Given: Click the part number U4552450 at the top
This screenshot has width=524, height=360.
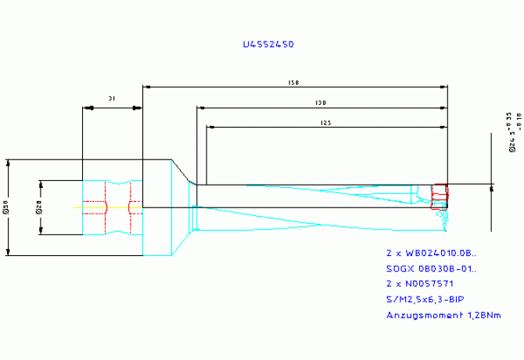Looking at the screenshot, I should [x=268, y=45].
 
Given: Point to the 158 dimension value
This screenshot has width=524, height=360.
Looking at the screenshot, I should [x=294, y=81].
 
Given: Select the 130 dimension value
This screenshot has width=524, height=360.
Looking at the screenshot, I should [x=321, y=102].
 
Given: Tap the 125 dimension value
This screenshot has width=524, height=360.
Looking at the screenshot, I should [x=325, y=122].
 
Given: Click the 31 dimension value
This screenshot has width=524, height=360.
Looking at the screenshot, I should [x=113, y=99].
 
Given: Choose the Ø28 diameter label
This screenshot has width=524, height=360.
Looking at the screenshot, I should [x=38, y=207].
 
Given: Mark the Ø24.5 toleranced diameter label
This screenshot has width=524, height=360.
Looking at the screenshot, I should [x=512, y=136].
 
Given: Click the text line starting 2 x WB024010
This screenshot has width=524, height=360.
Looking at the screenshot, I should [x=431, y=254].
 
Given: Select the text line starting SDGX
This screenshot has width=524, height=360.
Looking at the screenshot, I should [x=431, y=269].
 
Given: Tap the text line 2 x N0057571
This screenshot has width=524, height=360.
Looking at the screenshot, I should [x=419, y=284].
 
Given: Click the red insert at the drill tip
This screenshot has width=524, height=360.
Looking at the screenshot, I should [x=440, y=193].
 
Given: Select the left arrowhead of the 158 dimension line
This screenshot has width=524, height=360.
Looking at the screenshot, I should [x=145, y=86].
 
